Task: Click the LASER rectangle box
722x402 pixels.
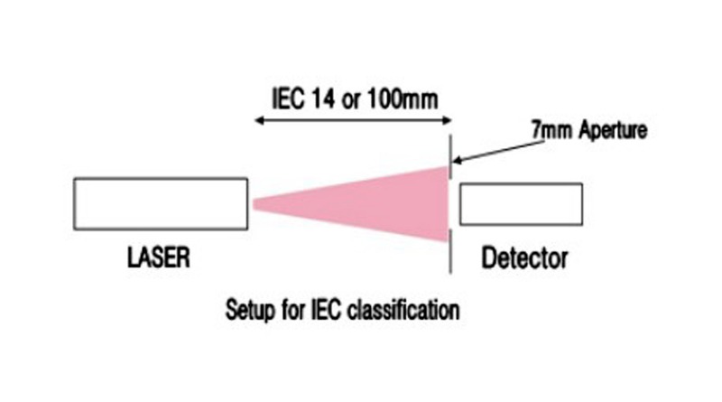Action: click(161, 204)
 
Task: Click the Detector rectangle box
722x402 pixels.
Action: click(520, 204)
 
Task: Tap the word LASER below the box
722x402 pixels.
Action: click(158, 259)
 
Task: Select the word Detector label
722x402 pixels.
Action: click(524, 259)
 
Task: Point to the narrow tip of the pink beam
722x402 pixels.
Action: click(258, 205)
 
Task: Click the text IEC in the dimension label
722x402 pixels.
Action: click(288, 98)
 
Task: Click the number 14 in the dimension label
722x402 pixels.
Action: click(323, 98)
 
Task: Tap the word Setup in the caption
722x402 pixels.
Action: click(246, 311)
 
